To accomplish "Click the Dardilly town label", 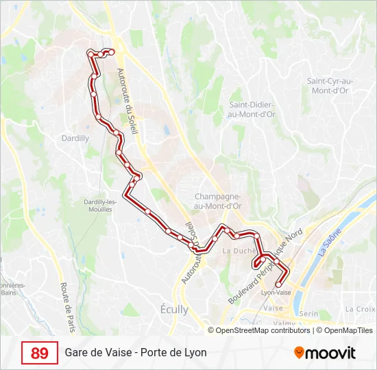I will coord(75,138).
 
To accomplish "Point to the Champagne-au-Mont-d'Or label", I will coord(218,200).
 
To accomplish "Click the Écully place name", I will coord(173,309).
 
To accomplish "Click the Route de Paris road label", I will coord(67,308).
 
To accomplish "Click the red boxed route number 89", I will coord(40,353).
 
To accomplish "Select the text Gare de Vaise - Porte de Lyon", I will coord(136,353).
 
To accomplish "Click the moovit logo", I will coord(325,353).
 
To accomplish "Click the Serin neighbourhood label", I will coord(310,313).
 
